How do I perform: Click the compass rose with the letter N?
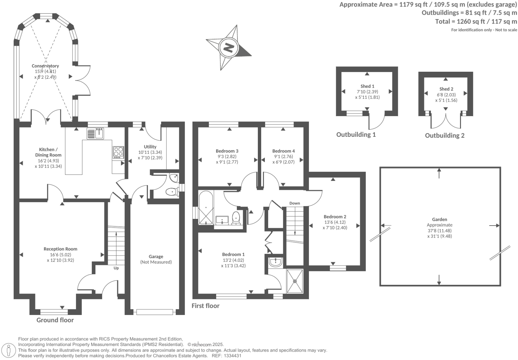coord(229,48)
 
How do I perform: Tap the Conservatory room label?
coord(45,66)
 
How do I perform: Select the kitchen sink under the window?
coord(96,133)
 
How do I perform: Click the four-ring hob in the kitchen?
coord(118,152)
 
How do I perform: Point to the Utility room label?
coord(150,147)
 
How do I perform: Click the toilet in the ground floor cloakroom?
coord(171,192)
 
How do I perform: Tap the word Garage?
coord(156,257)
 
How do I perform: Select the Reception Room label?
coord(60,249)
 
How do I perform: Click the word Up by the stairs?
coord(116,268)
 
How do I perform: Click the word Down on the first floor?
coord(295,203)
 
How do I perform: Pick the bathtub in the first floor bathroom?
coord(205,208)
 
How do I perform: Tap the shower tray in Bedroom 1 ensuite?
coord(295,281)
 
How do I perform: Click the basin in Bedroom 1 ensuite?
coord(276,262)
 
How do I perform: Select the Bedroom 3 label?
coord(227,151)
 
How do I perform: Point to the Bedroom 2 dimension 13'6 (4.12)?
coord(335,222)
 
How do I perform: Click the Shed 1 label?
coord(367,86)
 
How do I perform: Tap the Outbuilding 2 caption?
coord(444,135)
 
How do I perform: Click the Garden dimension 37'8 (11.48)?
coord(439,231)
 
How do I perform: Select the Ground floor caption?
coord(55,320)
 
